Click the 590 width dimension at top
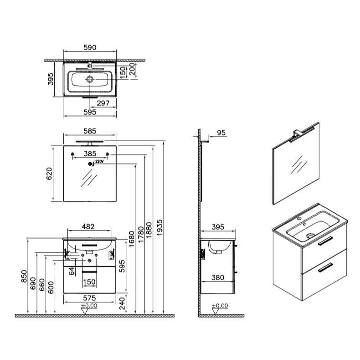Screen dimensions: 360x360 point(89,47)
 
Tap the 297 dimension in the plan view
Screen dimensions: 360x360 point(103,103)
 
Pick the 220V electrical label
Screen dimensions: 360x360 point(100,162)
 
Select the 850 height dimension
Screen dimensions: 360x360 point(24,277)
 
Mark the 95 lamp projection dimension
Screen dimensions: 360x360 point(221,133)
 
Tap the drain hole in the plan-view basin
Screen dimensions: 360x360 point(90,79)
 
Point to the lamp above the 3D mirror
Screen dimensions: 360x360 point(303,133)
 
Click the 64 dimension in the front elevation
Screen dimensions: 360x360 point(71,272)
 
